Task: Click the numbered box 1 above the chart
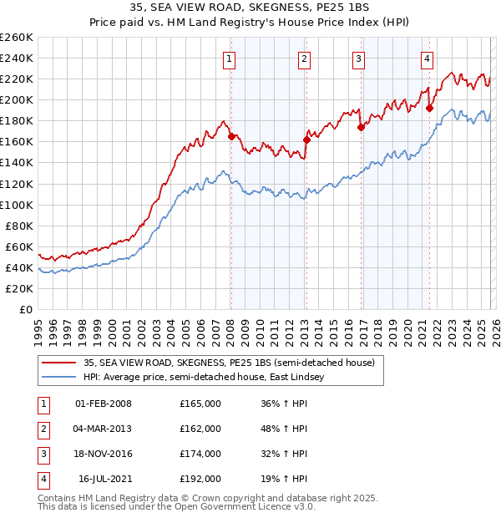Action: click(229, 58)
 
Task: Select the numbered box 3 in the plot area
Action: click(358, 58)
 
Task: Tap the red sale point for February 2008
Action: click(231, 136)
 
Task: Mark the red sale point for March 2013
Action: click(306, 140)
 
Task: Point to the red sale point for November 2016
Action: click(361, 127)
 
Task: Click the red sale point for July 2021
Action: click(429, 108)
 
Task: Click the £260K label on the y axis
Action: click(17, 38)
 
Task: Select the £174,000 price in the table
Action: click(200, 454)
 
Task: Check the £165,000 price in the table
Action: click(200, 404)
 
